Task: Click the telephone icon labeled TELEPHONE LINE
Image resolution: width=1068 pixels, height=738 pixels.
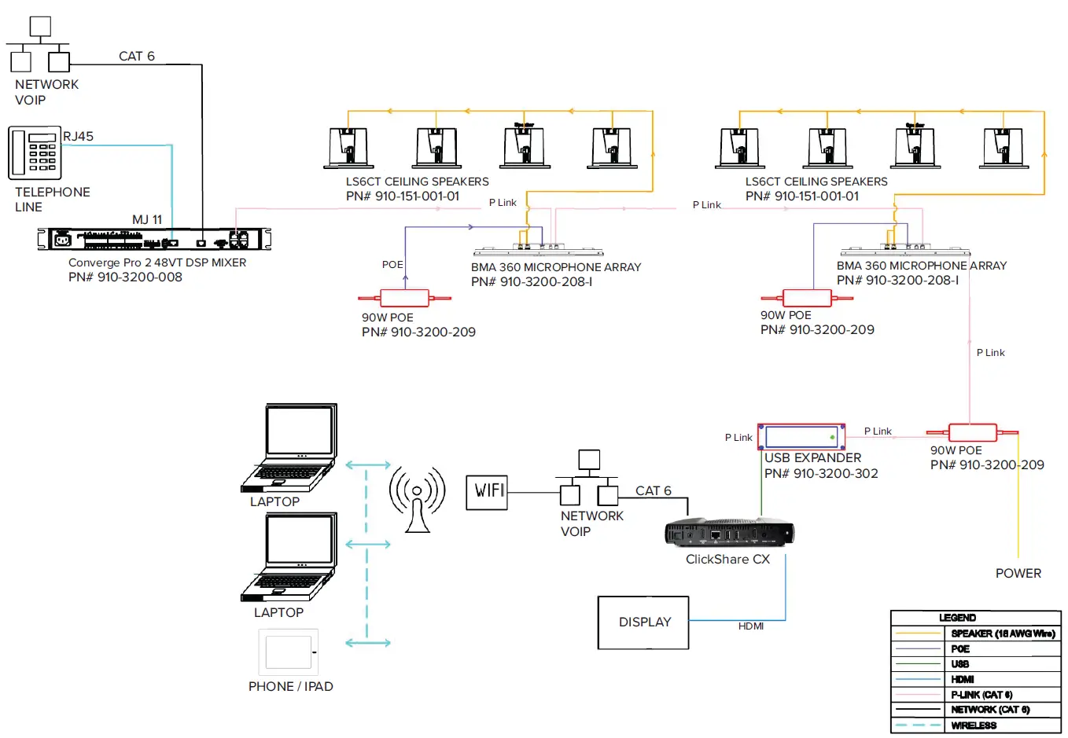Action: pyautogui.click(x=35, y=152)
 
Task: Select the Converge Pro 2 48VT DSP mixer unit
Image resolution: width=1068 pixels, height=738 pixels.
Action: pyautogui.click(x=154, y=239)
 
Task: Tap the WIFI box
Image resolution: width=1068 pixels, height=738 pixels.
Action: pyautogui.click(x=487, y=492)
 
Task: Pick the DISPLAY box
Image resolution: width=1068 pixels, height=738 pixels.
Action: pyautogui.click(x=643, y=622)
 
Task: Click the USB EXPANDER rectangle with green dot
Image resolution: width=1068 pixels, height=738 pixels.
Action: pyautogui.click(x=801, y=436)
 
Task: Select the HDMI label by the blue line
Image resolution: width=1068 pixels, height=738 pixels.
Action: pyautogui.click(x=751, y=626)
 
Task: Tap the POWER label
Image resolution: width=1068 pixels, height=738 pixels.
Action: pyautogui.click(x=1018, y=574)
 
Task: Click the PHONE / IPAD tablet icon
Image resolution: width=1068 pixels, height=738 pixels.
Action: pyautogui.click(x=289, y=652)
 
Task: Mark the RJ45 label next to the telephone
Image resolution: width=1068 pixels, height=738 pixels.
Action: pyautogui.click(x=79, y=137)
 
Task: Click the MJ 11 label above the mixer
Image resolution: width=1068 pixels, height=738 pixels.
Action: pyautogui.click(x=147, y=220)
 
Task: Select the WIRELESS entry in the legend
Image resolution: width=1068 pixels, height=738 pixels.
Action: pyautogui.click(x=974, y=725)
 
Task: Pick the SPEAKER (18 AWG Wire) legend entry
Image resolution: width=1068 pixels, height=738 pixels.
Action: pyautogui.click(x=1002, y=633)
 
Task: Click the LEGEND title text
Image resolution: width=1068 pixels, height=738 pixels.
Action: pyautogui.click(x=957, y=618)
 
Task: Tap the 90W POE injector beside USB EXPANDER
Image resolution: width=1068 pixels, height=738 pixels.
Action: pyautogui.click(x=972, y=432)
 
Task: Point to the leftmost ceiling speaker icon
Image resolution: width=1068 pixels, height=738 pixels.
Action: pyautogui.click(x=349, y=148)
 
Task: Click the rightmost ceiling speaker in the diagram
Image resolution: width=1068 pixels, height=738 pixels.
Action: pyautogui.click(x=1003, y=148)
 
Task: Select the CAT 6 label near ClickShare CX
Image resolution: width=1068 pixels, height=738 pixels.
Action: pyautogui.click(x=653, y=491)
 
